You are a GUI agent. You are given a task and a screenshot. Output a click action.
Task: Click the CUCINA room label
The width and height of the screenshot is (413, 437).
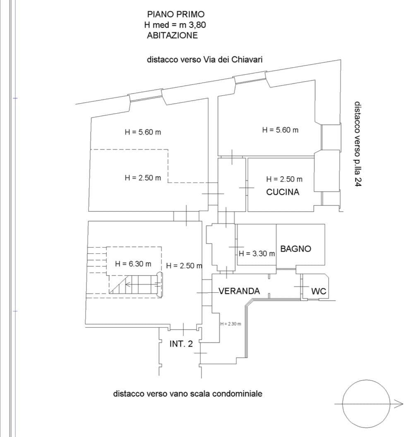(283, 192)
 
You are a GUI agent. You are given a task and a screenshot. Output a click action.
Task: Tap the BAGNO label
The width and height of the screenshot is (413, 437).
(295, 249)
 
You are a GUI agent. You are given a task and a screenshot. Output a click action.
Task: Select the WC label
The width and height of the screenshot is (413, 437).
(319, 291)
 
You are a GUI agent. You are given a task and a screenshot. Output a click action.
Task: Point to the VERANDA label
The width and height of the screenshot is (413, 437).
(239, 291)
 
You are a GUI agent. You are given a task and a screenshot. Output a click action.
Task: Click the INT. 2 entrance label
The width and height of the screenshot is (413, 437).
(181, 344)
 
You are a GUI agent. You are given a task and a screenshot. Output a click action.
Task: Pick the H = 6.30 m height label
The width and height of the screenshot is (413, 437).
(133, 264)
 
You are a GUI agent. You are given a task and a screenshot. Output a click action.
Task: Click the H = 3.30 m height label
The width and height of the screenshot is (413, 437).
(257, 254)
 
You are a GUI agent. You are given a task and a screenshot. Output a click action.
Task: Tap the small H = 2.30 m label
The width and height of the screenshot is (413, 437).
(231, 324)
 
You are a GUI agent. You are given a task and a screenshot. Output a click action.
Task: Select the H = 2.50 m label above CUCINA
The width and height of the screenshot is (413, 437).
(284, 179)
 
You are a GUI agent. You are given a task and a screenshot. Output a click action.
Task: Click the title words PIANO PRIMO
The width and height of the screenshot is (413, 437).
(176, 14)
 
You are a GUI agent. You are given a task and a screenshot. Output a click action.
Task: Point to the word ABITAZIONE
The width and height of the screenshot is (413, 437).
(173, 35)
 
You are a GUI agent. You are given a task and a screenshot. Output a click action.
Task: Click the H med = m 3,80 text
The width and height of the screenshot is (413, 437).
(175, 25)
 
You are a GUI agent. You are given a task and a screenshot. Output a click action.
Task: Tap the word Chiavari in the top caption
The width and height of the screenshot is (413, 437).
(247, 60)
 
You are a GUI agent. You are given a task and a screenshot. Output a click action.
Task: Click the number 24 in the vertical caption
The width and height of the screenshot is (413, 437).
(358, 182)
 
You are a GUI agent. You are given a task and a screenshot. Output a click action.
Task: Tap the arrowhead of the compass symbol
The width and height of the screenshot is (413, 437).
(399, 403)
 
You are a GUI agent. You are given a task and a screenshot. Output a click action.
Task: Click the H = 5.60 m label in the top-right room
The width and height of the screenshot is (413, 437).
(280, 130)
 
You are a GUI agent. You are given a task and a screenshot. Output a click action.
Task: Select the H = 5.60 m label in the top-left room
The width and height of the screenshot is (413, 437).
(143, 132)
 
